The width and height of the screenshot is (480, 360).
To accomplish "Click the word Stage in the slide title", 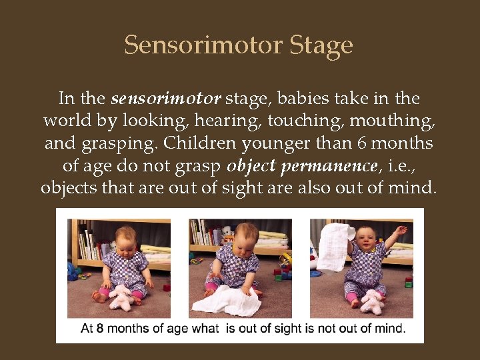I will [x=321, y=46].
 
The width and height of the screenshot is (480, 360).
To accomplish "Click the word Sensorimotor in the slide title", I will [x=203, y=45].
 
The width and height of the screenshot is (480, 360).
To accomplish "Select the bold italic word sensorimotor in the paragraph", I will [x=165, y=99].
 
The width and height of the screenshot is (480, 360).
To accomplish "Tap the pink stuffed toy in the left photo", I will [x=121, y=297].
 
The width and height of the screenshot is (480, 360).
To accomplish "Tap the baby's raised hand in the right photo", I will [x=400, y=230].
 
